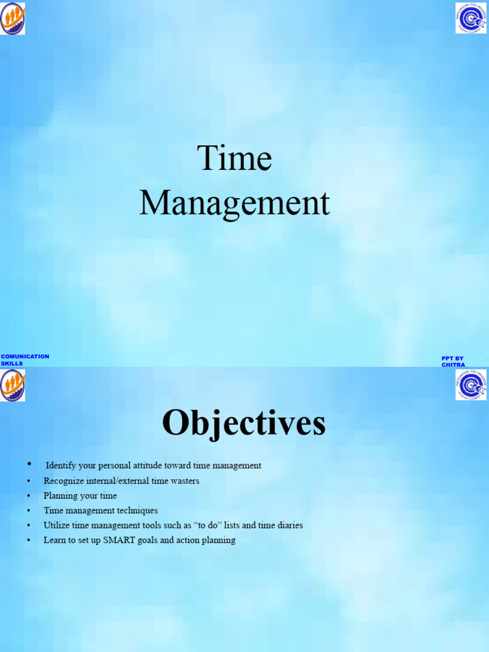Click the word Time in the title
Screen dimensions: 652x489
pyautogui.click(x=234, y=158)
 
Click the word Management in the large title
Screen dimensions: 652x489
pyautogui.click(x=234, y=204)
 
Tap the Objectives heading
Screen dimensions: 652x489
pyautogui.click(x=244, y=423)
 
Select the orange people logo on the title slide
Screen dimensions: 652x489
pyautogui.click(x=12, y=18)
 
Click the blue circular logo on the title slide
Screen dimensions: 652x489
pyautogui.click(x=471, y=18)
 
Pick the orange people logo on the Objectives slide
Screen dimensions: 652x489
pyautogui.click(x=12, y=385)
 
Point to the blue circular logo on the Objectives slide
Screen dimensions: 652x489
pyautogui.click(x=471, y=385)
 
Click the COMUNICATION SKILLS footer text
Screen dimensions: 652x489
pyautogui.click(x=25, y=360)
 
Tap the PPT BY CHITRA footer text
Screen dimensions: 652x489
pyautogui.click(x=453, y=362)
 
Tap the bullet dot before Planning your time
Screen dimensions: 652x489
pyautogui.click(x=29, y=496)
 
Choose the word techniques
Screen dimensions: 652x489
pyautogui.click(x=137, y=511)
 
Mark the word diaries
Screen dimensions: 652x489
pyautogui.click(x=288, y=525)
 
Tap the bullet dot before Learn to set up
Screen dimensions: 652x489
pyautogui.click(x=29, y=541)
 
